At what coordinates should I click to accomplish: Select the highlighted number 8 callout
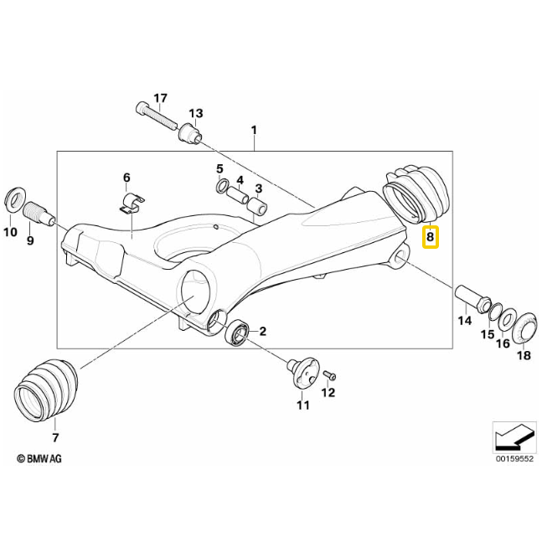(430, 237)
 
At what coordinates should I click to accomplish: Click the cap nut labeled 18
(523, 327)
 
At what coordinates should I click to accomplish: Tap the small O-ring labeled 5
(222, 186)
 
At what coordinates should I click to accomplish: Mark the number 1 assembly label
(254, 130)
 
